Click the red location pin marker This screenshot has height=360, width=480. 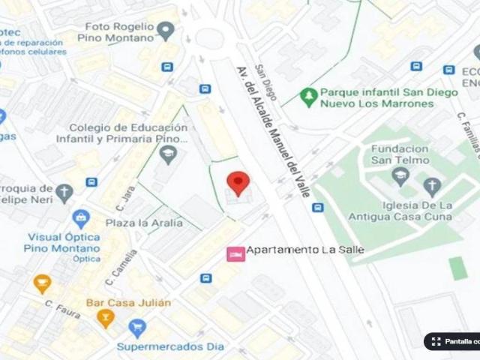tap(238, 183)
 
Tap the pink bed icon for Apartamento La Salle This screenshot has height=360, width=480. tap(235, 254)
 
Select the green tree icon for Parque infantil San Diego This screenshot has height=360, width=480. tap(307, 96)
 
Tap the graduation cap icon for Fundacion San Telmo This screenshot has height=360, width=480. tap(400, 176)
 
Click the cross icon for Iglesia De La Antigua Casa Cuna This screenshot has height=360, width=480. tap(431, 186)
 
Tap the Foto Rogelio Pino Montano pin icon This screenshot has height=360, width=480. tap(166, 31)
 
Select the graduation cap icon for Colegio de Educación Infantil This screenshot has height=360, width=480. tap(168, 155)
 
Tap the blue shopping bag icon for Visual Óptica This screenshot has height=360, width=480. tap(81, 219)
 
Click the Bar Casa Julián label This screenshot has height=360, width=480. tap(128, 303)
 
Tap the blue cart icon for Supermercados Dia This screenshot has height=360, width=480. tap(136, 328)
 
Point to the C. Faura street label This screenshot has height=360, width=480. tap(62, 310)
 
